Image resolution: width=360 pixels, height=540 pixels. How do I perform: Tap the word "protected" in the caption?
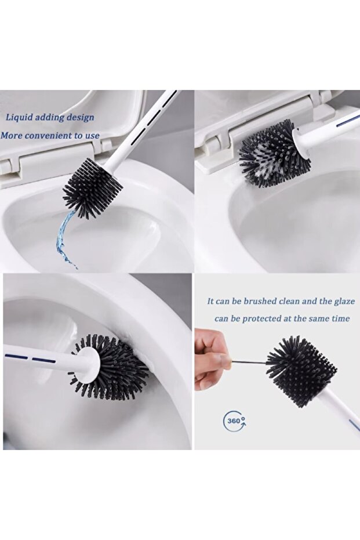[x=263, y=319]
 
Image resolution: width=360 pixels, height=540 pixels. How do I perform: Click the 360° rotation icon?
[x=235, y=421]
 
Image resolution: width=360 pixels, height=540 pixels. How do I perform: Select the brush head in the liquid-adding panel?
[x=93, y=188]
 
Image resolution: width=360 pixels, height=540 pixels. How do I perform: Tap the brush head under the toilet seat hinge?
[x=272, y=153]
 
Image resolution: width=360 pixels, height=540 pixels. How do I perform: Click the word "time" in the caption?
[x=340, y=318]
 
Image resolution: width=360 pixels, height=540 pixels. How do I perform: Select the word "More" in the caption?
[x=12, y=135]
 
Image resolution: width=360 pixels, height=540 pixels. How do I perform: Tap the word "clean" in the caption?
[x=289, y=301]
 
